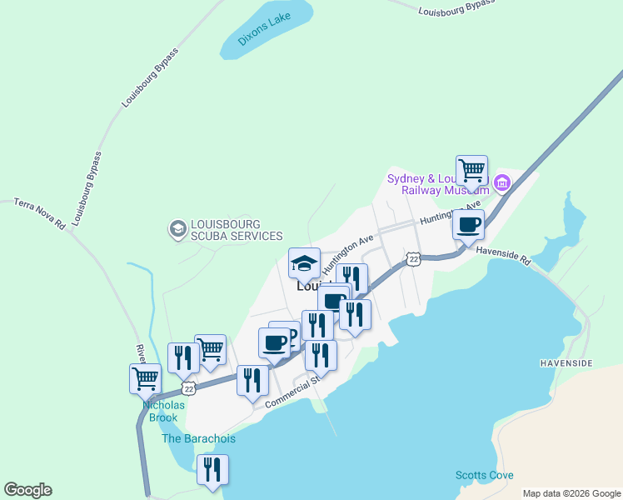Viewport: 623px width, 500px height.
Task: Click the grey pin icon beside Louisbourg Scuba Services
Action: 177,228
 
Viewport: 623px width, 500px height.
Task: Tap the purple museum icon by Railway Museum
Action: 501,182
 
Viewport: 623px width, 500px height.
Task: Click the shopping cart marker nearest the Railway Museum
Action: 471,171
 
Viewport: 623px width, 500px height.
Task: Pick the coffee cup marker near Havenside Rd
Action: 468,224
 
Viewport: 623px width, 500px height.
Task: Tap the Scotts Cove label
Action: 484,475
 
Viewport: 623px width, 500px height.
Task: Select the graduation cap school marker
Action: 304,263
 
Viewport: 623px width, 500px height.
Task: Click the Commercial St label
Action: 292,393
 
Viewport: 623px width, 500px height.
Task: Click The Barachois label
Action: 198,438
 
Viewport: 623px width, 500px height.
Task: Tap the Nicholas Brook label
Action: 163,411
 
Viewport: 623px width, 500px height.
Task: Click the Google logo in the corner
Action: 27,490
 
